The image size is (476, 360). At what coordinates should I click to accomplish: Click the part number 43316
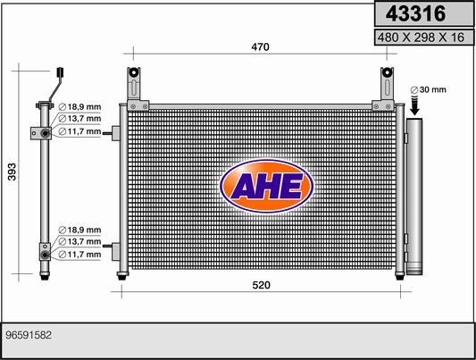point(415,13)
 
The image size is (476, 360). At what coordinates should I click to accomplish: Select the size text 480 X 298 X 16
point(421,38)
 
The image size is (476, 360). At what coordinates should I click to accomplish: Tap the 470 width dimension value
point(260,47)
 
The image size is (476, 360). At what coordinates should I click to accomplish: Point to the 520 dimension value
point(261,285)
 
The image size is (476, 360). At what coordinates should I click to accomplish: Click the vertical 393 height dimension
point(12,172)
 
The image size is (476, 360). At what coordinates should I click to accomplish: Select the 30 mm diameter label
point(428,90)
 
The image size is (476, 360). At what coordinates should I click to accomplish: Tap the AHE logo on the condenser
point(266,186)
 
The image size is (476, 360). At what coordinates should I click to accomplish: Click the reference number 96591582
point(29,335)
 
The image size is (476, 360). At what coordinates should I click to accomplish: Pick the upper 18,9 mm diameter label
point(79,107)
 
